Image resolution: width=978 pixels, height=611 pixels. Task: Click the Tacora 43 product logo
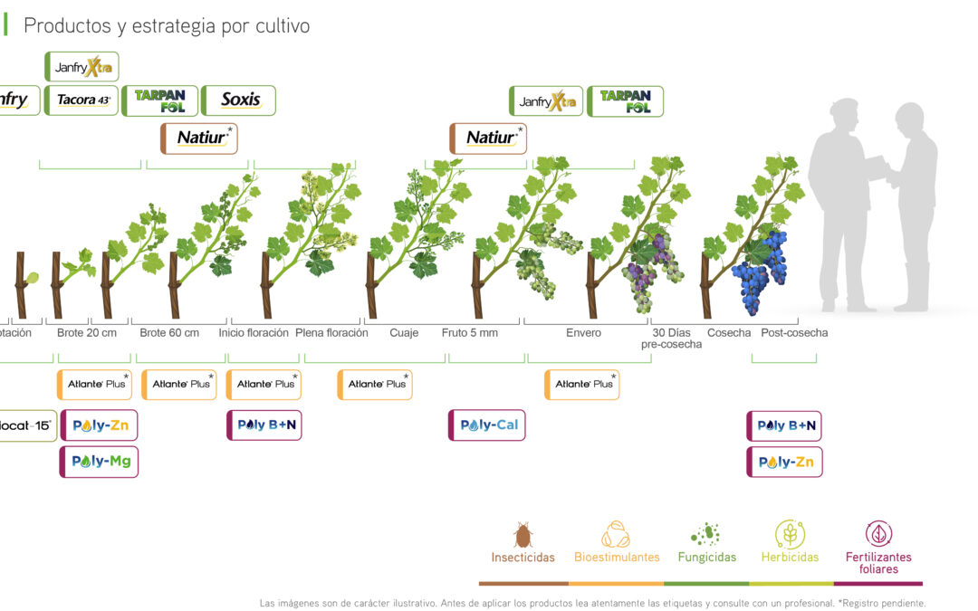pos(83,100)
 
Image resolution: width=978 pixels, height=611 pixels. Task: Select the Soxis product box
pos(239,100)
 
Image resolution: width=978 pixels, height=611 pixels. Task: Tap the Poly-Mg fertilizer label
pos(99,462)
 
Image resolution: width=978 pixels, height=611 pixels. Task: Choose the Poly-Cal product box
pos(487,425)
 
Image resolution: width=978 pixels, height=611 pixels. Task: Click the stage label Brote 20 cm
pos(87,333)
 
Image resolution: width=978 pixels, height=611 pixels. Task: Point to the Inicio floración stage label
pos(254,333)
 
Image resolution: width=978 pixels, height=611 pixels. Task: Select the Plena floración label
pos(331,333)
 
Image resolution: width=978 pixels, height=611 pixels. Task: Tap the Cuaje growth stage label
pos(404,333)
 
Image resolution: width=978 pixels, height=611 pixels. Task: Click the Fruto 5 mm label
pos(470,333)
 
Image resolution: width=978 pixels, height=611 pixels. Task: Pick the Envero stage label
pos(583,333)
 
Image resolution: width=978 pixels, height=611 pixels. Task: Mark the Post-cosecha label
pos(794,333)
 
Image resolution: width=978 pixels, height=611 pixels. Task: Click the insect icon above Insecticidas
pos(523,534)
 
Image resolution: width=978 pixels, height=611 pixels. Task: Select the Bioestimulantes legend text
pos(617,558)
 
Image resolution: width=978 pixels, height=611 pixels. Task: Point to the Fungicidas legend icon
pos(705,534)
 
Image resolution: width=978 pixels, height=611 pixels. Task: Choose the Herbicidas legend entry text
pos(790,558)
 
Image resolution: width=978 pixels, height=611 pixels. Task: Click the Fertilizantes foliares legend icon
pos(878,534)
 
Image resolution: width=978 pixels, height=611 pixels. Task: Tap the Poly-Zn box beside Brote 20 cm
pos(99,425)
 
